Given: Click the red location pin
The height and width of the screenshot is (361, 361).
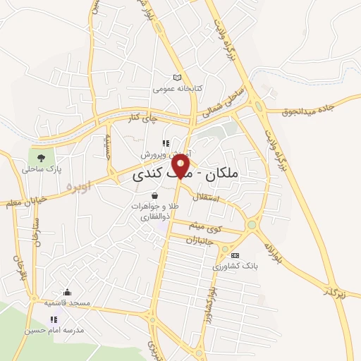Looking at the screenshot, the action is pyautogui.click(x=182, y=167).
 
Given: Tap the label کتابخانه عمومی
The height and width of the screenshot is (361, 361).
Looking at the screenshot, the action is pyautogui.click(x=178, y=89).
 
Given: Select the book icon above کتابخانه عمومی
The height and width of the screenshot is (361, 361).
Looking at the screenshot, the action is pyautogui.click(x=177, y=78).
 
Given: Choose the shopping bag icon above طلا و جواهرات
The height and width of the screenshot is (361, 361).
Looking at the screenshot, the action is pyautogui.click(x=154, y=195).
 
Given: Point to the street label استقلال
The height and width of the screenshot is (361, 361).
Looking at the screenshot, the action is pyautogui.click(x=224, y=200).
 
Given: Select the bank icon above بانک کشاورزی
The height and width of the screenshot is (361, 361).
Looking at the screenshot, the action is pyautogui.click(x=235, y=255).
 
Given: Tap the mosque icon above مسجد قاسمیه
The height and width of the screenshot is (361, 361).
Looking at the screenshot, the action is pyautogui.click(x=67, y=292).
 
